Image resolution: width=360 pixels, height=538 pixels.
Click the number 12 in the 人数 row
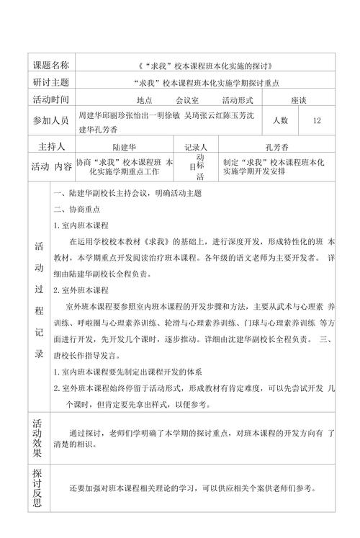pyautogui.click(x=317, y=121)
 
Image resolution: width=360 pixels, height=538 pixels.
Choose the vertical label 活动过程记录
pyautogui.click(x=39, y=300)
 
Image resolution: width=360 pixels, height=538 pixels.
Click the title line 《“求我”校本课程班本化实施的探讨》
pyautogui.click(x=204, y=66)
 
